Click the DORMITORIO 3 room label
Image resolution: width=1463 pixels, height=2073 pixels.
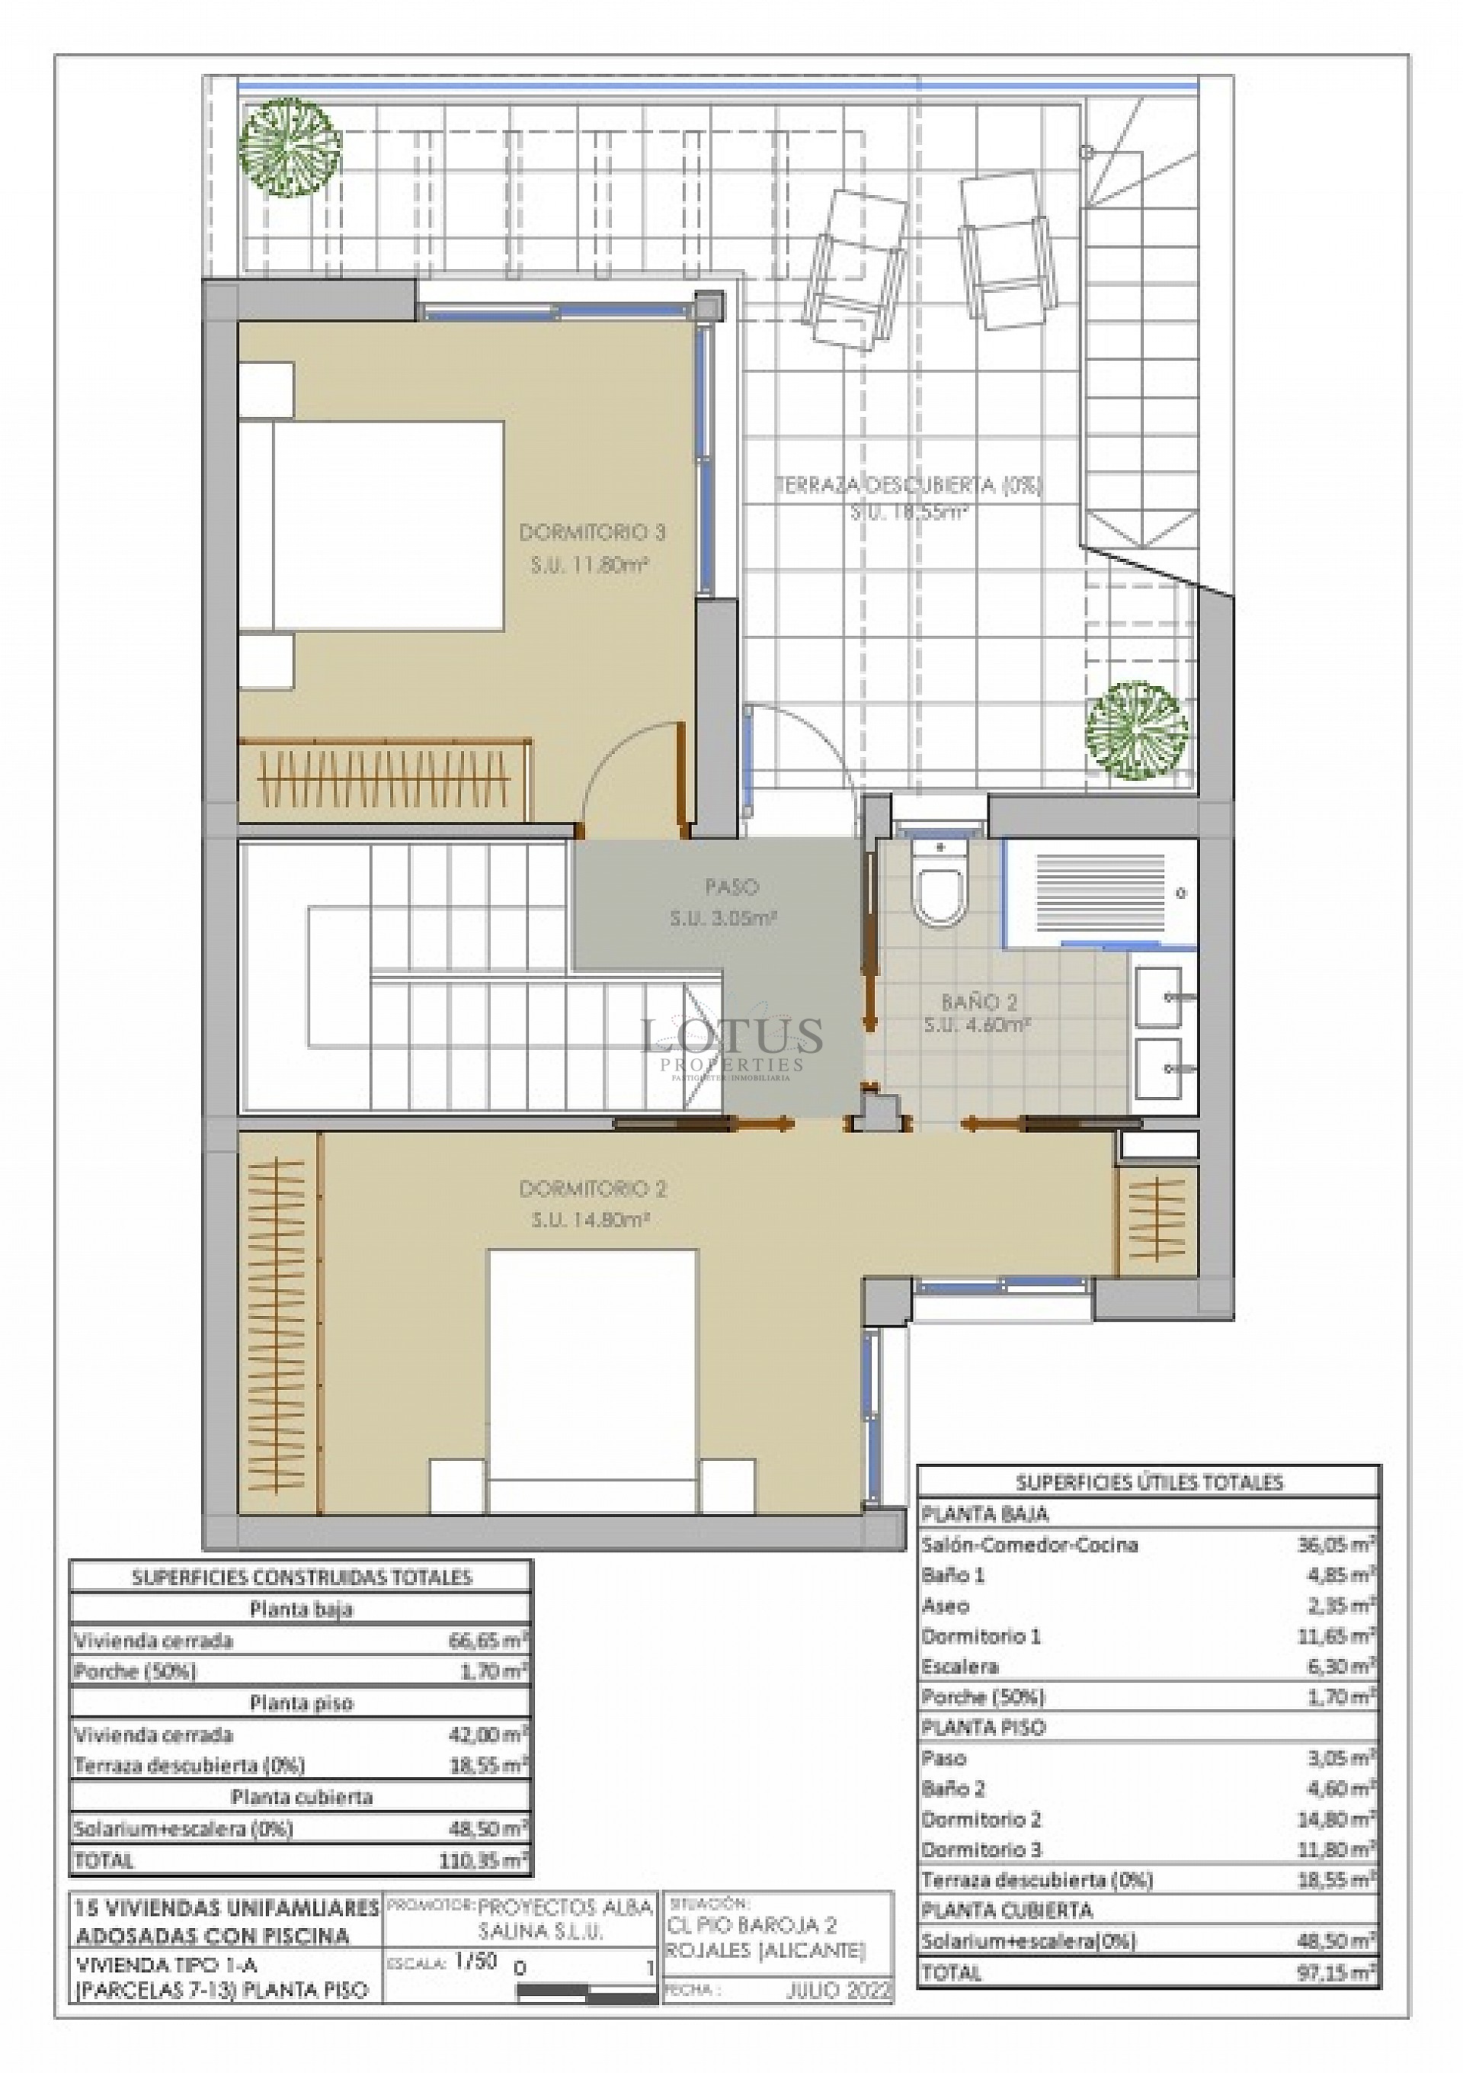pos(591,533)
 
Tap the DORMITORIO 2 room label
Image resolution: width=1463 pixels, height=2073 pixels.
pos(592,1189)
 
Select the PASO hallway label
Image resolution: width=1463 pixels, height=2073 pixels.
pos(731,887)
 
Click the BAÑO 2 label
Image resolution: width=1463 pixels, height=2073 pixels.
pos(978,1001)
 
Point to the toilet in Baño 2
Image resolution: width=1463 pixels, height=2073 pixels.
pos(939,885)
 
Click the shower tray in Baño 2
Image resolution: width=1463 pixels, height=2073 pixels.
pos(1100,893)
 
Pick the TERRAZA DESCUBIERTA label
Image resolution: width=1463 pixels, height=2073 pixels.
pos(908,485)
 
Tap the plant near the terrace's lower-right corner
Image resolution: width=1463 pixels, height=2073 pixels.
pos(1135,730)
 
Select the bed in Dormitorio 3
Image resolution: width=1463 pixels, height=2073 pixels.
pos(370,525)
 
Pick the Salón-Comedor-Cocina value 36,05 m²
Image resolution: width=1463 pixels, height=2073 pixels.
pos(1335,1545)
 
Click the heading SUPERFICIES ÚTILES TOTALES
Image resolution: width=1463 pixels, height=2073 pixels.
pos(1148,1481)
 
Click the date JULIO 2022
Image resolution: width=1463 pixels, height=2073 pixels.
pos(837,1990)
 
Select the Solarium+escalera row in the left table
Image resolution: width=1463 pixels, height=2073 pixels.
pos(300,1829)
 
